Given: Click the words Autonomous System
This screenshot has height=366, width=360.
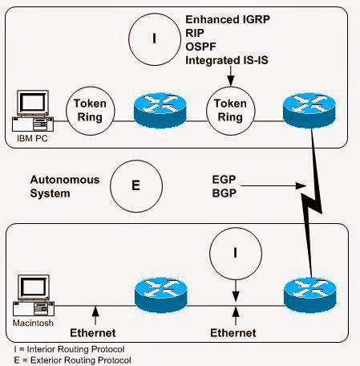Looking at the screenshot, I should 59,185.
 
